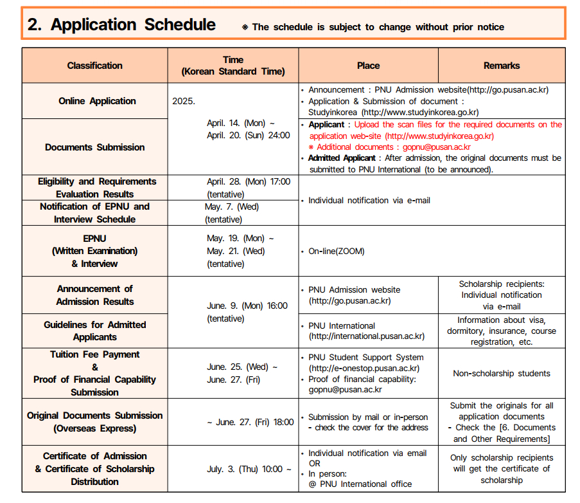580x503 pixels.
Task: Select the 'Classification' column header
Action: [94, 66]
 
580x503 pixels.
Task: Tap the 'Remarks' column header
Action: [502, 66]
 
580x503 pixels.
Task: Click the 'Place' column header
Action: [368, 66]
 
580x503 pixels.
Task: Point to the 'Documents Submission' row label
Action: [94, 147]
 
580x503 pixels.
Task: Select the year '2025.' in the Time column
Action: [184, 101]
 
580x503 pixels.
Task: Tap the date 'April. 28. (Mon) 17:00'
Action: [248, 182]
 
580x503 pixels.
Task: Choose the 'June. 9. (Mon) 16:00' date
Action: [247, 306]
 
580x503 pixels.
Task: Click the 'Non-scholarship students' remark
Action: [502, 373]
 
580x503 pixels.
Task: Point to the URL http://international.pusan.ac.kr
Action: [367, 336]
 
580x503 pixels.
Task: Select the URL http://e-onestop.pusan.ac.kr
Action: [364, 369]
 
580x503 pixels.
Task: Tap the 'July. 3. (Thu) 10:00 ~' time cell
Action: [249, 469]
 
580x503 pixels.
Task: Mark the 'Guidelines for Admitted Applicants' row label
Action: [94, 331]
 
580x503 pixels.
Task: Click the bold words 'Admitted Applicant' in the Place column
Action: [342, 158]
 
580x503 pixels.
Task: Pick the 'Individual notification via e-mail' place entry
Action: [369, 201]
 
